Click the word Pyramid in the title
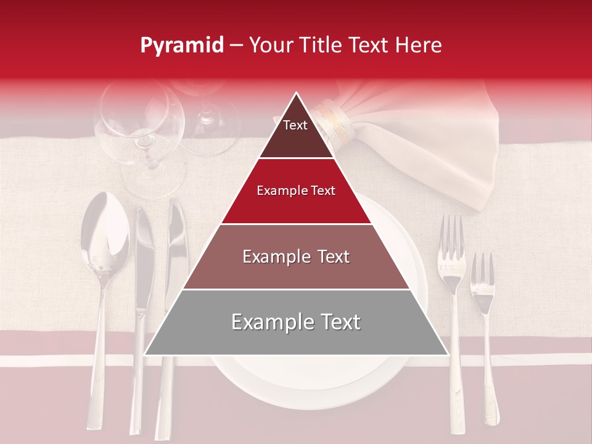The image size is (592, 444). tap(181, 46)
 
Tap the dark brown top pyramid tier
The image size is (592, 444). tap(296, 133)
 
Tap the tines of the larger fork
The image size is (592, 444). tap(451, 237)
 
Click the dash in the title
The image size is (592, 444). tap(236, 46)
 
